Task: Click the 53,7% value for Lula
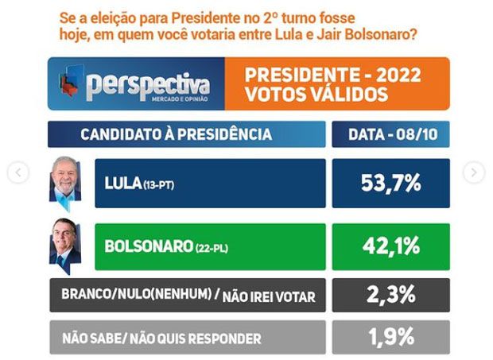tap(390, 183)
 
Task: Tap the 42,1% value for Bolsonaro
tap(390, 246)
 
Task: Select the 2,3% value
tap(390, 295)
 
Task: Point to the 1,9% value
tap(390, 337)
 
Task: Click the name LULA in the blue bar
tap(122, 184)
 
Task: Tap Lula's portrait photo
tap(65, 181)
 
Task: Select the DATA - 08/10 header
tap(390, 134)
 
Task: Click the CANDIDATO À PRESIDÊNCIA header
tap(176, 134)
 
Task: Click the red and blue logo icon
tap(70, 83)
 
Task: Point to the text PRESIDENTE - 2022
tap(333, 75)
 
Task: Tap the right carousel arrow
tap(474, 172)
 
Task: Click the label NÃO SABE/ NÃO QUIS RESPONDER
tap(161, 339)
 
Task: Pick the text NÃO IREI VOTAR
tap(270, 297)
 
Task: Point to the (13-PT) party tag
tap(159, 185)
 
